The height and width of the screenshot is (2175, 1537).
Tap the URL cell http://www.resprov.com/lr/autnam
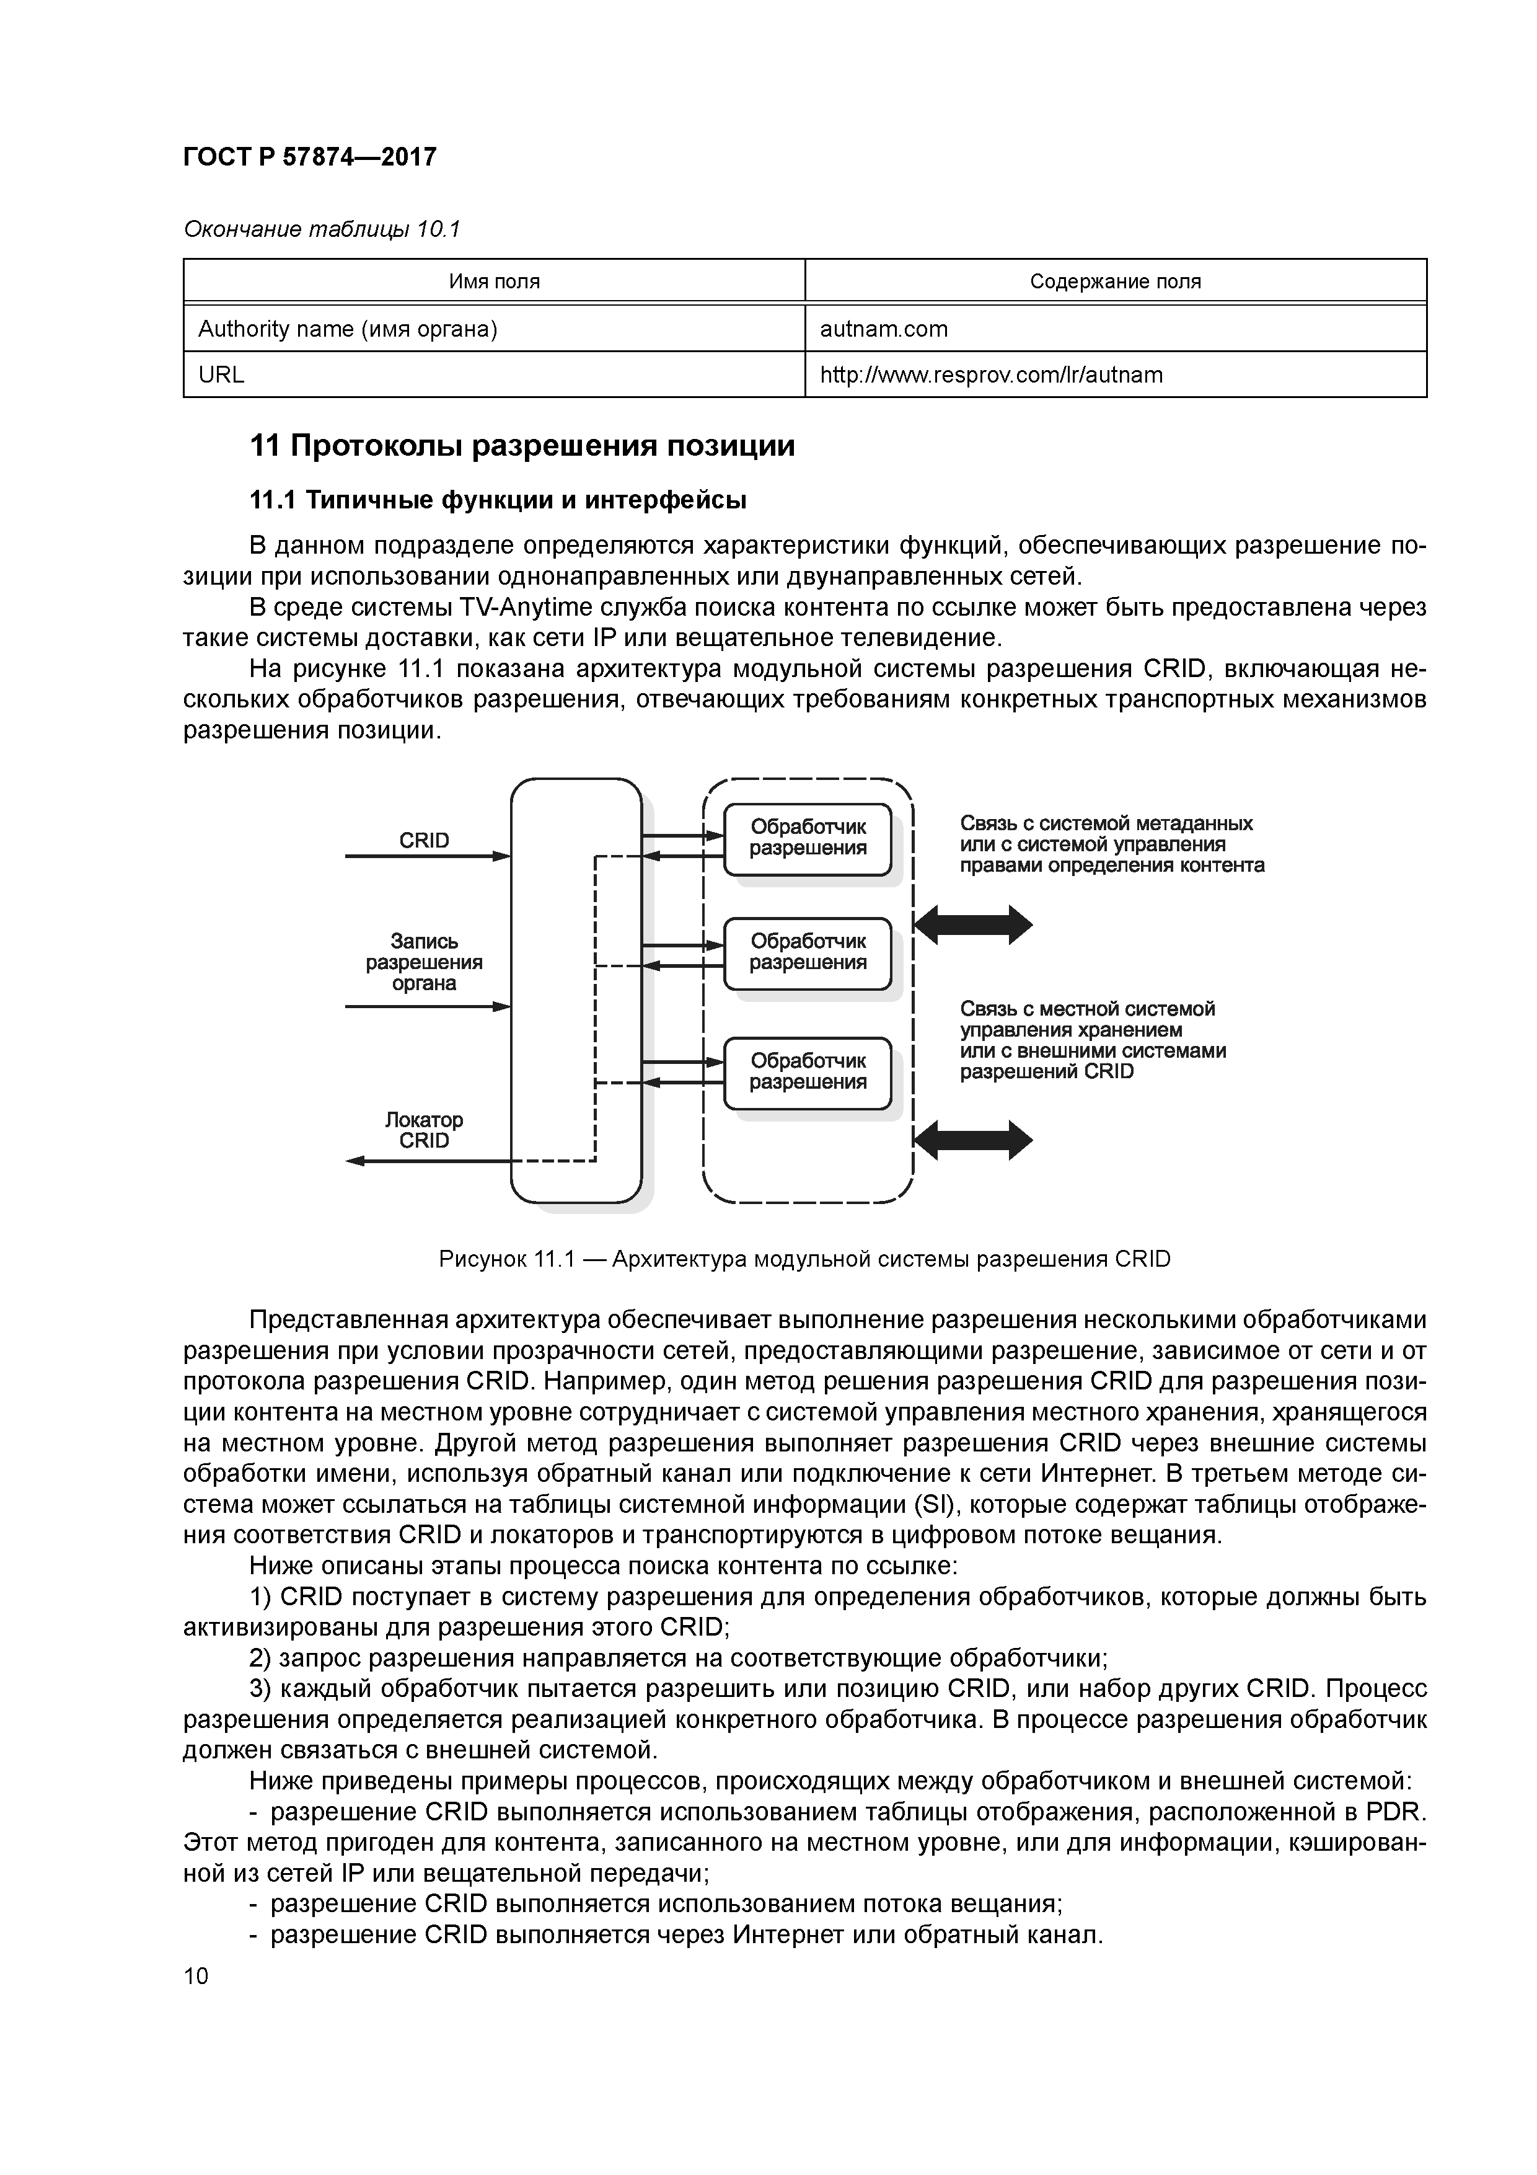pyautogui.click(x=990, y=375)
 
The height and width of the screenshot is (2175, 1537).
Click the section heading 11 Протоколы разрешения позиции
pyautogui.click(x=522, y=446)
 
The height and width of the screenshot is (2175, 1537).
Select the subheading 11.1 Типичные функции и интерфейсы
pyautogui.click(x=497, y=500)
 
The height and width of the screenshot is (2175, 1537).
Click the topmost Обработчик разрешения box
pyautogui.click(x=807, y=838)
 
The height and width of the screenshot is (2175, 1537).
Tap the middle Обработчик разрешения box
pyautogui.click(x=807, y=953)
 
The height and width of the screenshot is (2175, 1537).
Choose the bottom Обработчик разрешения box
pyautogui.click(x=807, y=1073)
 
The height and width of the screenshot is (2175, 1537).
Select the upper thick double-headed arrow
pyautogui.click(x=974, y=924)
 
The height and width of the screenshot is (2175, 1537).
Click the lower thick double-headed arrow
pyautogui.click(x=974, y=1140)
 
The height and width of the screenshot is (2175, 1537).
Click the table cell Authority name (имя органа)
pyautogui.click(x=348, y=329)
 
